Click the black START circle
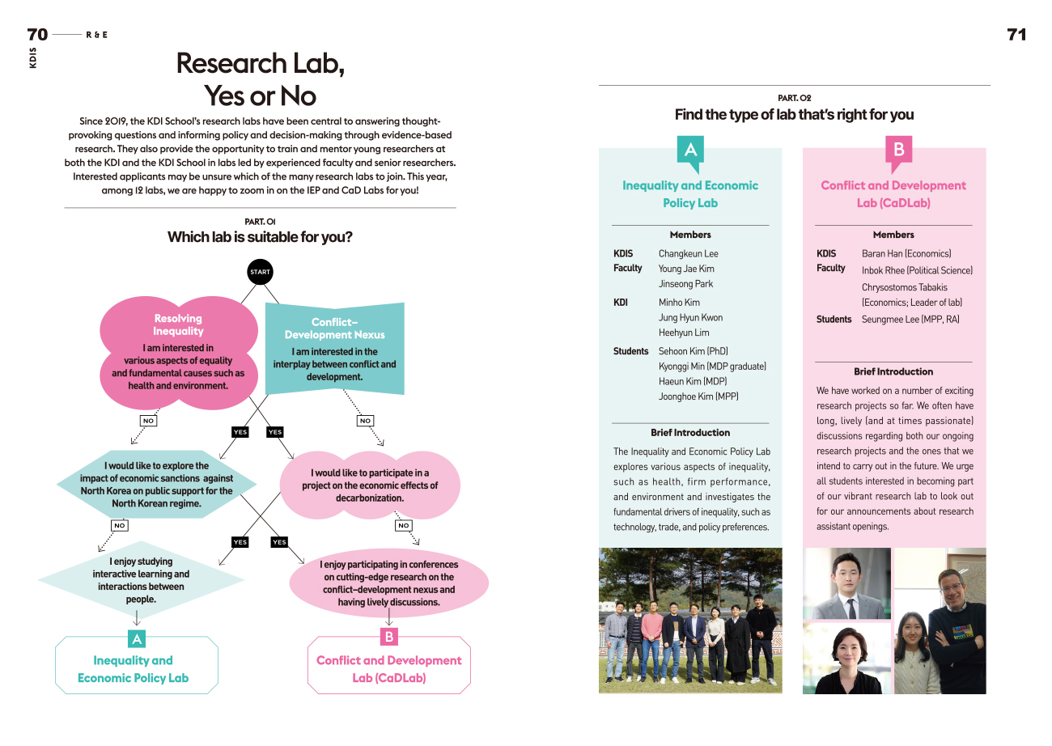point(260,272)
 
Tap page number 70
point(37,34)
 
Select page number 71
point(1016,34)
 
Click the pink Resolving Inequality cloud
point(178,352)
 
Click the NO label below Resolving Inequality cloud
point(148,421)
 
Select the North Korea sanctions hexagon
point(156,484)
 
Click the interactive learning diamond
point(142,580)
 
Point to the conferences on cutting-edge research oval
point(388,583)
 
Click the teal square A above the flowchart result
point(137,639)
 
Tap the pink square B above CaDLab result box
point(389,637)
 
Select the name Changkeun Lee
point(688,253)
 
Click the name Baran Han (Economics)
point(906,253)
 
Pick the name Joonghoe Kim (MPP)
point(698,396)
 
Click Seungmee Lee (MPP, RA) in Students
point(910,320)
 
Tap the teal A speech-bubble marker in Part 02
point(690,152)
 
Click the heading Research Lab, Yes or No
point(261,79)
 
